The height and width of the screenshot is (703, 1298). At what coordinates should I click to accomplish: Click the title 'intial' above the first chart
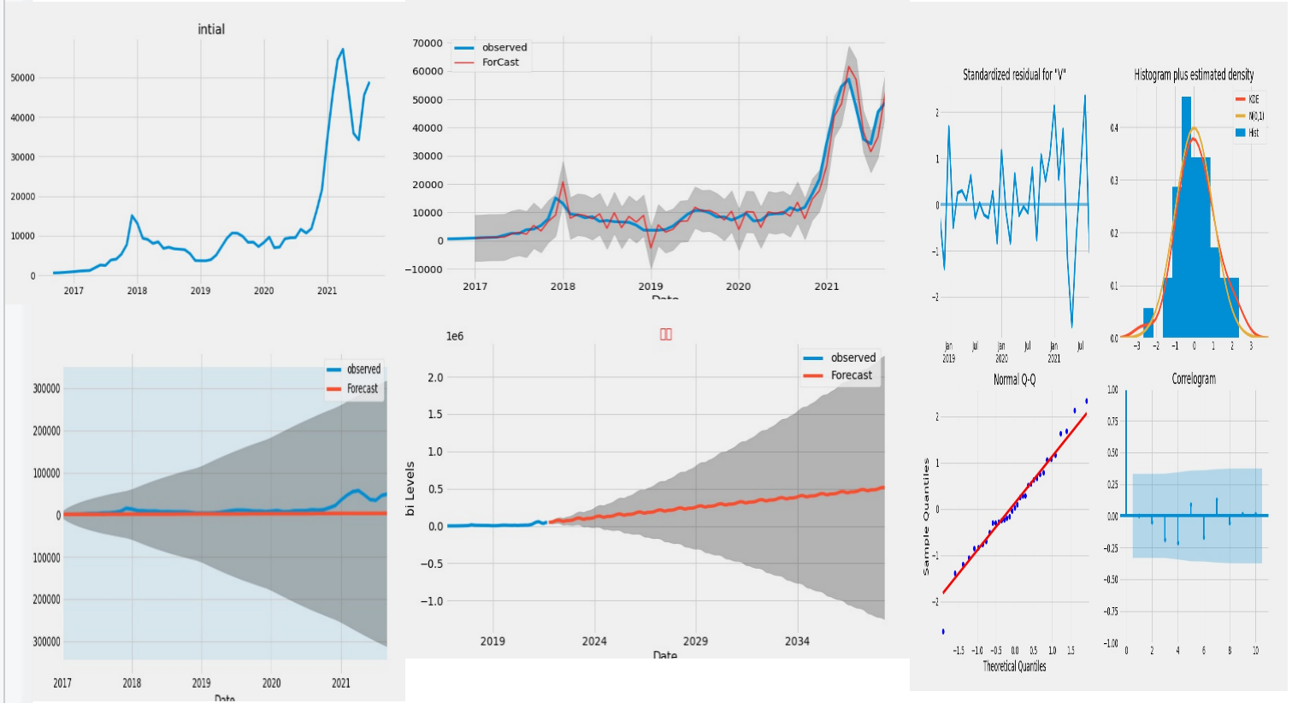(x=211, y=29)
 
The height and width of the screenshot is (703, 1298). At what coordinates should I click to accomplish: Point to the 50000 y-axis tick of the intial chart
(x=23, y=78)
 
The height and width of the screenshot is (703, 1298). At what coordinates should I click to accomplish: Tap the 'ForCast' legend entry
(x=500, y=62)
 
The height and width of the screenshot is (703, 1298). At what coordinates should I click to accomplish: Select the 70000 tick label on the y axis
(x=428, y=44)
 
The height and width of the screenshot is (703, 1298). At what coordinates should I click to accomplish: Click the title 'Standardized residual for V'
(x=1014, y=75)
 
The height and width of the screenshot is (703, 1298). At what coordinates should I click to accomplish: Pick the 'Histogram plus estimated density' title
(x=1194, y=75)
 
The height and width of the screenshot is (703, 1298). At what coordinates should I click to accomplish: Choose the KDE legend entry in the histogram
(x=1254, y=99)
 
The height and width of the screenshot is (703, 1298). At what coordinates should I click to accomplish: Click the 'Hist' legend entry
(x=1254, y=133)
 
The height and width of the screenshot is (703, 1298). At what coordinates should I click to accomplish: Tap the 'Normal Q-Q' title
(x=1014, y=380)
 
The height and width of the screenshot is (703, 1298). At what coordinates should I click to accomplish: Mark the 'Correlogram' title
(x=1194, y=379)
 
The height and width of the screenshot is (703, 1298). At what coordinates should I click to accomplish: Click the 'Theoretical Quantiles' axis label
(x=1014, y=666)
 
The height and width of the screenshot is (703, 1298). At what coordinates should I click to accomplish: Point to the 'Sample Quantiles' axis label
(x=926, y=516)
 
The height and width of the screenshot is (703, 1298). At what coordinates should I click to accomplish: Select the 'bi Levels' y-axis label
(x=410, y=488)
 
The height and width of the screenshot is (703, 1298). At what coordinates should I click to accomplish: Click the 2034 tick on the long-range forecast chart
(x=797, y=641)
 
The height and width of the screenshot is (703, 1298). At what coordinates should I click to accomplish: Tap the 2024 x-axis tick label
(x=594, y=641)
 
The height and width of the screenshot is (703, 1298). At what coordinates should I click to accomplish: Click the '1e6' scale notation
(x=455, y=336)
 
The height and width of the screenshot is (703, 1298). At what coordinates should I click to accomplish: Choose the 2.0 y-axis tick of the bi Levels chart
(x=434, y=377)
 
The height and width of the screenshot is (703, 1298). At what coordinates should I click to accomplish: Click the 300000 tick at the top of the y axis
(x=46, y=388)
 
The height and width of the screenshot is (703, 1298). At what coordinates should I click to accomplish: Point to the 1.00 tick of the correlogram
(x=1112, y=390)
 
